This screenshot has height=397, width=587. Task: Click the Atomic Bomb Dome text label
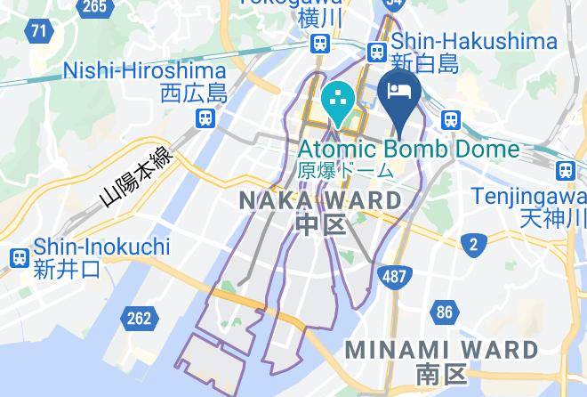(x=408, y=149)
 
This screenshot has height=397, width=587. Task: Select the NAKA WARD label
(x=320, y=200)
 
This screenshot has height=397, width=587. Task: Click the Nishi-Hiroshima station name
(x=146, y=70)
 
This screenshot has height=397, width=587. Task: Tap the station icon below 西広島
(x=205, y=117)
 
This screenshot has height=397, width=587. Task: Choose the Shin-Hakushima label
(x=474, y=41)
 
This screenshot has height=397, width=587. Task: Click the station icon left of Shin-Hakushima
(x=377, y=51)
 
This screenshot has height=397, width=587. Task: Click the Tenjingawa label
(x=529, y=195)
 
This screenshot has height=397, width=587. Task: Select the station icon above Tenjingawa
(x=565, y=170)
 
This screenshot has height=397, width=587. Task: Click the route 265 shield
(x=96, y=7)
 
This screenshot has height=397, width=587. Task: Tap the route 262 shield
(x=140, y=317)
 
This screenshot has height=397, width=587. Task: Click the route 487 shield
(x=394, y=277)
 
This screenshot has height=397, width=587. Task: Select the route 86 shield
(x=444, y=312)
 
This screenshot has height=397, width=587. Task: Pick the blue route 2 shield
(x=474, y=244)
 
